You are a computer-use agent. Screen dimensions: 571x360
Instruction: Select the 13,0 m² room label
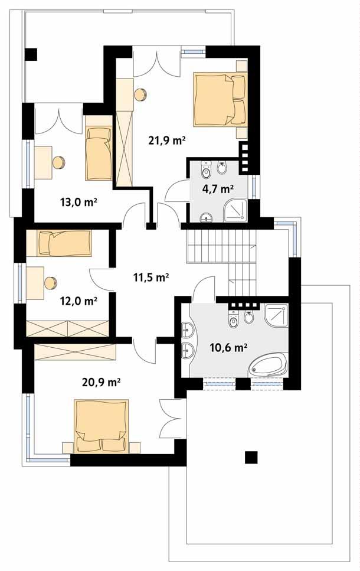[x=78, y=202]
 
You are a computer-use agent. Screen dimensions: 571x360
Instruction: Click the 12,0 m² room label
[x=78, y=301]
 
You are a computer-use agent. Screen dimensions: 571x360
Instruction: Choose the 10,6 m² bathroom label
[x=228, y=347]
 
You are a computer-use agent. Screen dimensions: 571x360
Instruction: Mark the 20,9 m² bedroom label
[x=101, y=381]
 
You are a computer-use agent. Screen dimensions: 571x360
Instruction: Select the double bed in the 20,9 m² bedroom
[x=101, y=425]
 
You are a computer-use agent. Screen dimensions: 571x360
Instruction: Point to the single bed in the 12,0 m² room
[x=64, y=243]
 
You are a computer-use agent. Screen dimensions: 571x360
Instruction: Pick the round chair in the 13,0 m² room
[x=58, y=161]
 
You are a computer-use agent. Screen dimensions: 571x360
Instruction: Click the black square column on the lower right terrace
[x=252, y=457]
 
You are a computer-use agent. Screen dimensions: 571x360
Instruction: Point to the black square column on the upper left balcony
[x=31, y=54]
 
